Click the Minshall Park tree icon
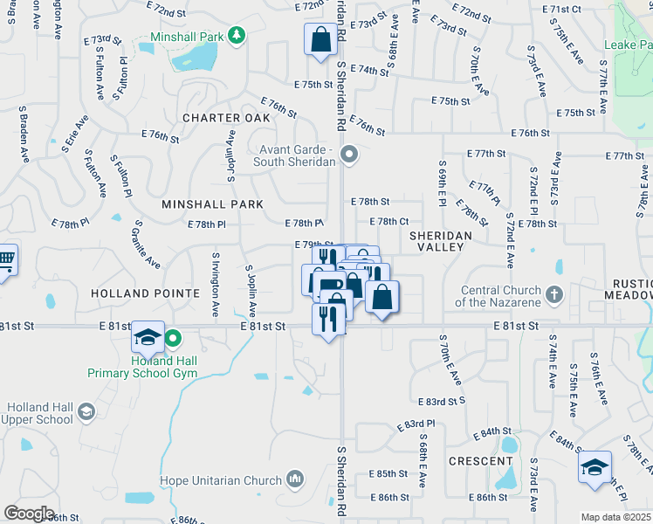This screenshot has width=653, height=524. pyautogui.click(x=236, y=34)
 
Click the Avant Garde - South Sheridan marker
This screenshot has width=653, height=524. pyautogui.click(x=349, y=155)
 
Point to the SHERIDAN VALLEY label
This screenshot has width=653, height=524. pyautogui.click(x=441, y=241)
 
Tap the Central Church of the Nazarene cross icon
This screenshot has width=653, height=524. pyautogui.click(x=553, y=295)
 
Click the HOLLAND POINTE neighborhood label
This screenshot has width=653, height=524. pyautogui.click(x=145, y=293)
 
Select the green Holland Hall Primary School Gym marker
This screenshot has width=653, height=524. pyautogui.click(x=173, y=338)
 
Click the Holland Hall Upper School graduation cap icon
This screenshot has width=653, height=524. pyautogui.click(x=86, y=411)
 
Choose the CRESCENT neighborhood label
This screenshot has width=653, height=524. pyautogui.click(x=481, y=460)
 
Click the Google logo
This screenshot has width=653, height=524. pyautogui.click(x=29, y=513)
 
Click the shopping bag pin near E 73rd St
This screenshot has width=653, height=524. pyautogui.click(x=320, y=39)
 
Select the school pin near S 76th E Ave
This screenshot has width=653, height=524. pyautogui.click(x=595, y=467)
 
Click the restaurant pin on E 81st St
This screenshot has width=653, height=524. pyautogui.click(x=328, y=319)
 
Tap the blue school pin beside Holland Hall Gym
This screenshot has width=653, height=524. pyautogui.click(x=148, y=338)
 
